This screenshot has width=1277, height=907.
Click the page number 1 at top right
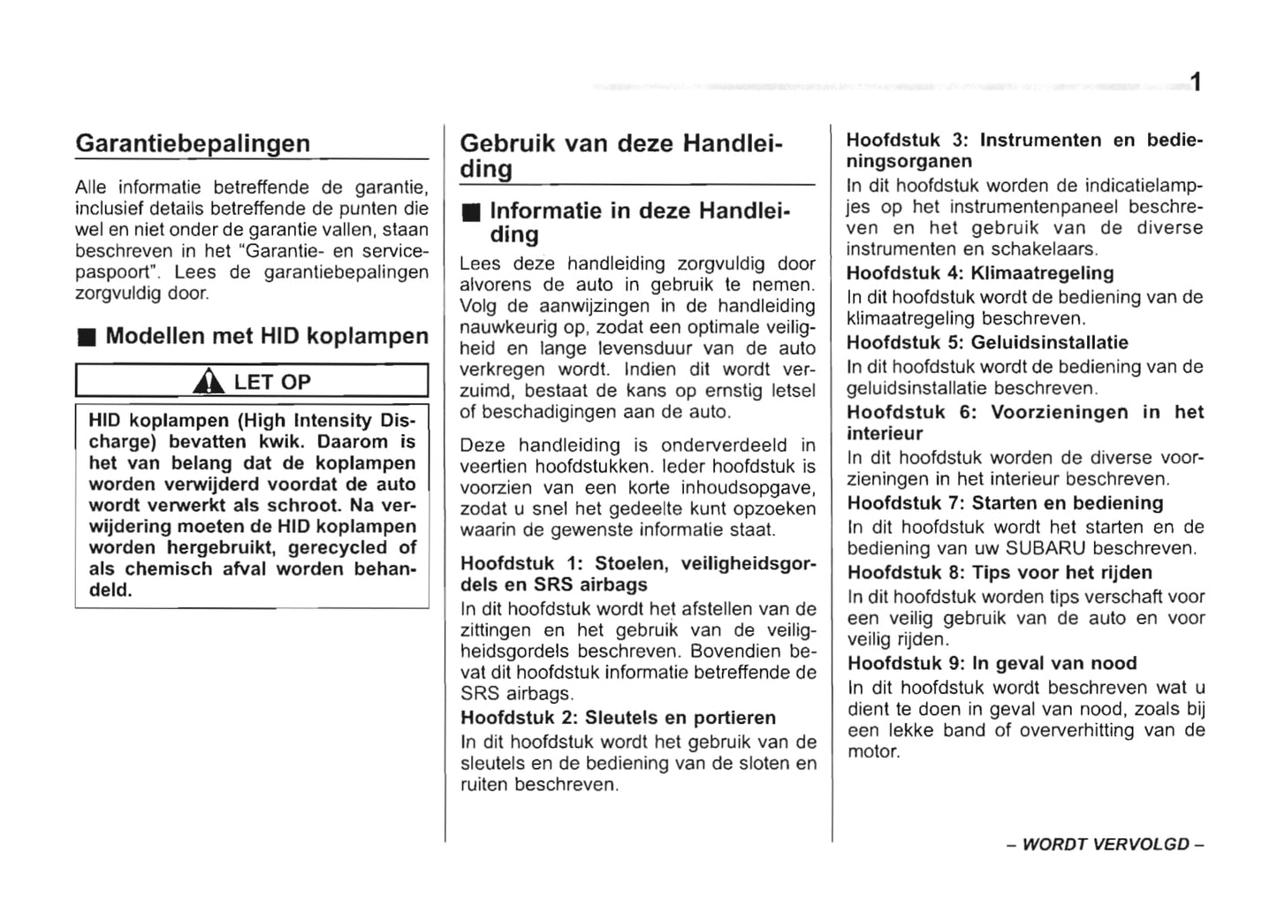pos(1195,83)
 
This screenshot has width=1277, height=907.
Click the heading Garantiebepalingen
pos(193,143)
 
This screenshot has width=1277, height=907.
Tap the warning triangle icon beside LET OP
pos(209,382)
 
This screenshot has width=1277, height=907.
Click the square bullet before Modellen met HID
pos(85,338)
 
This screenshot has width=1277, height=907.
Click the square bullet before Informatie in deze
pos(470,212)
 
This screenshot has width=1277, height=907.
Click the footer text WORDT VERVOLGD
pos(1105,844)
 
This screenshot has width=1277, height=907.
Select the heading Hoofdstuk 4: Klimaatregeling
pos(980,273)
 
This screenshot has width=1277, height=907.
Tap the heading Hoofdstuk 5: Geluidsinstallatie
pos(987,342)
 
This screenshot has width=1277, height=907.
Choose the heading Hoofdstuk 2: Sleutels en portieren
pos(618,718)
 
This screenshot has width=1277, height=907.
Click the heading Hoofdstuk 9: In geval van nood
pos(992,663)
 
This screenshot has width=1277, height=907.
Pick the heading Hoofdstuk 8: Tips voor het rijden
pos(1000,572)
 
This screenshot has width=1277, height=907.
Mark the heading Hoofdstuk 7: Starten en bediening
pos(1005,503)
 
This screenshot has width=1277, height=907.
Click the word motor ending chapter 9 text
pos(872,752)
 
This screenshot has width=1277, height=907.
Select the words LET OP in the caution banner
pos(272,382)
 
